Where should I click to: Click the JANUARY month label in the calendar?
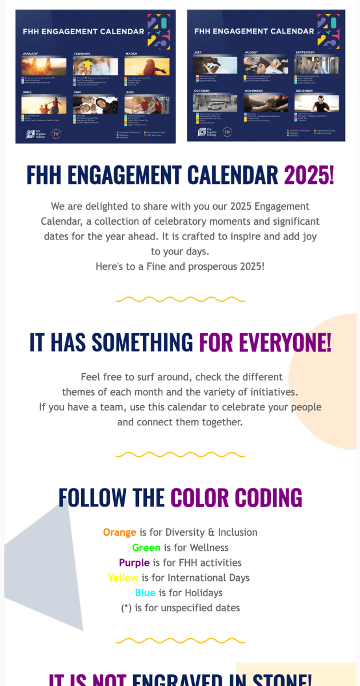[30, 54]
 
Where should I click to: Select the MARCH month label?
[131, 54]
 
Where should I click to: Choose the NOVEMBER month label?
[254, 90]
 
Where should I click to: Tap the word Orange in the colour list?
[119, 532]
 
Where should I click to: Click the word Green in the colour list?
[146, 548]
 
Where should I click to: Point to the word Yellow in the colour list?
[123, 578]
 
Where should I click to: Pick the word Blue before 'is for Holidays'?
[145, 593]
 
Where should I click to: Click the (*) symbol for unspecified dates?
[126, 608]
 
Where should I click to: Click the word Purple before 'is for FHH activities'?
[134, 563]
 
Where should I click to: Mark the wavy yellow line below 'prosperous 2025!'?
[180, 299]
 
